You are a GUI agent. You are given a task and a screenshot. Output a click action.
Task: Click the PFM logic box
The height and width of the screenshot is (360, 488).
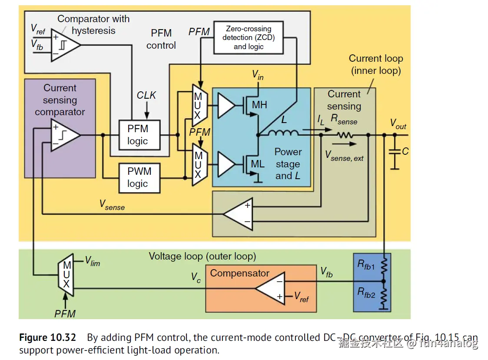click(x=137, y=135)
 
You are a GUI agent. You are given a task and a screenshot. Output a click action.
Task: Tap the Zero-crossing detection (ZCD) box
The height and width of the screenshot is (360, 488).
click(x=249, y=38)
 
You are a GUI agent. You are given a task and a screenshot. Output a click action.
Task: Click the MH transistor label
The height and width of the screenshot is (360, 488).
click(x=259, y=105)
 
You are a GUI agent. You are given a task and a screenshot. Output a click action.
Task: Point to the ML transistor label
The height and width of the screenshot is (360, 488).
click(x=258, y=164)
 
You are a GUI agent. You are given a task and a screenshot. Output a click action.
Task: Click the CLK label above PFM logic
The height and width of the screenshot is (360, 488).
click(x=146, y=95)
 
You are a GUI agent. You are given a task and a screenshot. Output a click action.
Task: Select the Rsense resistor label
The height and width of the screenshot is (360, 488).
click(x=344, y=120)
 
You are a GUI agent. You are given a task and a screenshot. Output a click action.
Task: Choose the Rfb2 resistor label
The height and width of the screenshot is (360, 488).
click(x=366, y=293)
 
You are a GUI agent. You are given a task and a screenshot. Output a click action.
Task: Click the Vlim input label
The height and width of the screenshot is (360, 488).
click(x=92, y=261)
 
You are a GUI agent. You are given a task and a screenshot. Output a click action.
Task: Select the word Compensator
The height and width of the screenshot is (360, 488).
click(x=240, y=273)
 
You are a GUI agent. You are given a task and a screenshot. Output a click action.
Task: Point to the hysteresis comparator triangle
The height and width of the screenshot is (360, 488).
click(x=65, y=43)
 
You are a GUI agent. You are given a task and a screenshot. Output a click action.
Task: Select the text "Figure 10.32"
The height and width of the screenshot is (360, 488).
click(x=47, y=338)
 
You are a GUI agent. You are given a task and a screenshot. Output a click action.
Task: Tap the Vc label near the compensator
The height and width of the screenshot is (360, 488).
click(x=196, y=278)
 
